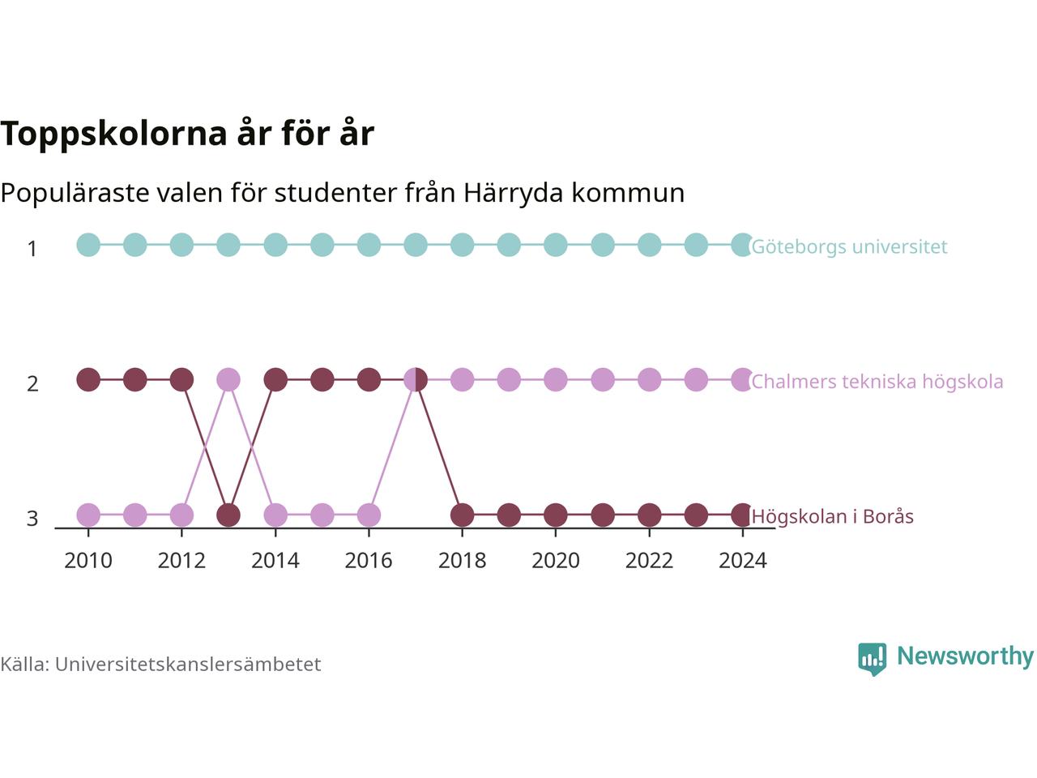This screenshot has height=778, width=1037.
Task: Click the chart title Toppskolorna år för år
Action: point(187,134)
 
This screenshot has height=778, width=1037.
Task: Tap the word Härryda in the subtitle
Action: point(514,193)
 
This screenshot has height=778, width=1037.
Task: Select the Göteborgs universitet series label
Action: point(849,246)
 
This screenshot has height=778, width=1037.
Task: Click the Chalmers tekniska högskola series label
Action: point(877,382)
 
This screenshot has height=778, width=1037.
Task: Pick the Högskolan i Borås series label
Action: point(832,516)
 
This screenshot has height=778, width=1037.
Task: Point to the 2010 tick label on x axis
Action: point(88,561)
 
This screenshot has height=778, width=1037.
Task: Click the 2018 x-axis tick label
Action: point(462,561)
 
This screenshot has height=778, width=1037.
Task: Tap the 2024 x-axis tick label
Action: point(743,561)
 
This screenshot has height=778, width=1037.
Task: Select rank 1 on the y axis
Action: point(32,249)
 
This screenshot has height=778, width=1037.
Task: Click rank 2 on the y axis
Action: point(32,384)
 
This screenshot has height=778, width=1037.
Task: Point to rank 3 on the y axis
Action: point(32,519)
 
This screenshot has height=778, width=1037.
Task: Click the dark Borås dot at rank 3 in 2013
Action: point(228,515)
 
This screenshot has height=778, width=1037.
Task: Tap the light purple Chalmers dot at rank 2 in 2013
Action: point(228,380)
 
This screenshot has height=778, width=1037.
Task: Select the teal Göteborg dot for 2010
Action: point(88,246)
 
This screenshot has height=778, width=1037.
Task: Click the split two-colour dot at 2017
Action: point(416,380)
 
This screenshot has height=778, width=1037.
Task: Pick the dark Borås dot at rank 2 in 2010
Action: point(88,380)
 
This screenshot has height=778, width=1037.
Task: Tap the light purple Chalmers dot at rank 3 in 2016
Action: point(369,515)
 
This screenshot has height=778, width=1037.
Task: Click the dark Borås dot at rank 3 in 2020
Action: point(556,515)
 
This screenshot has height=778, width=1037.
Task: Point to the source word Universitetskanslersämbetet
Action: point(188,665)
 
